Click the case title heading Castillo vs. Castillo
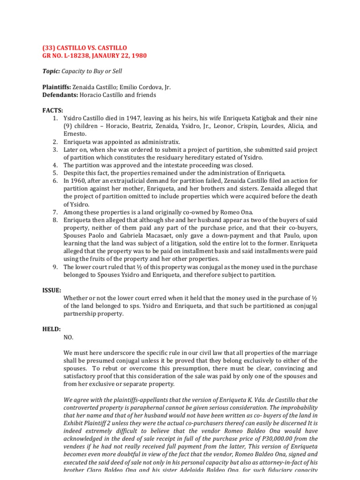85,48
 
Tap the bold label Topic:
52,71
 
